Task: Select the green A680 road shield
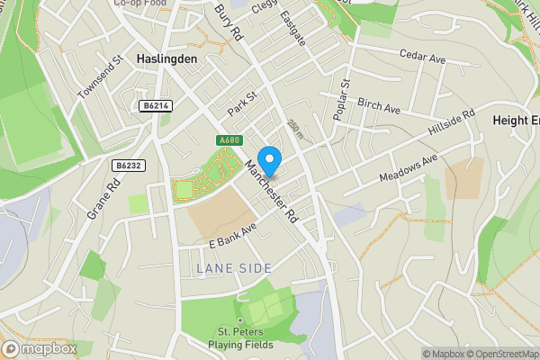[x=229, y=140]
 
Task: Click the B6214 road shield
[x=156, y=106]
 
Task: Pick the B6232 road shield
[x=129, y=166]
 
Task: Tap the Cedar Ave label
[x=423, y=58]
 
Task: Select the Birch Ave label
[x=379, y=106]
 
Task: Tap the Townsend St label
[x=99, y=77]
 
